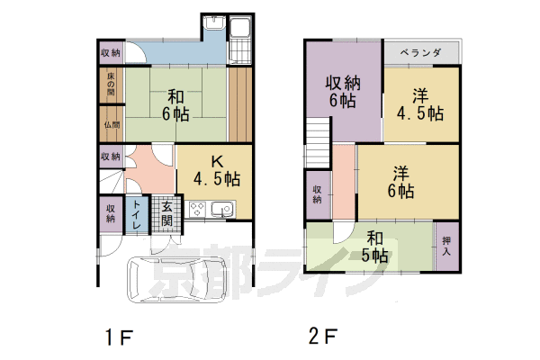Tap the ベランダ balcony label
(419, 53)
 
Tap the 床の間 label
(110, 85)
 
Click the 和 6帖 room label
(175, 103)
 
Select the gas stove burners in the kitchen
(197, 211)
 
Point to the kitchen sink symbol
(221, 211)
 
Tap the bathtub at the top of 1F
(240, 41)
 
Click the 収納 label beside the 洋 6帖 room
(318, 193)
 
